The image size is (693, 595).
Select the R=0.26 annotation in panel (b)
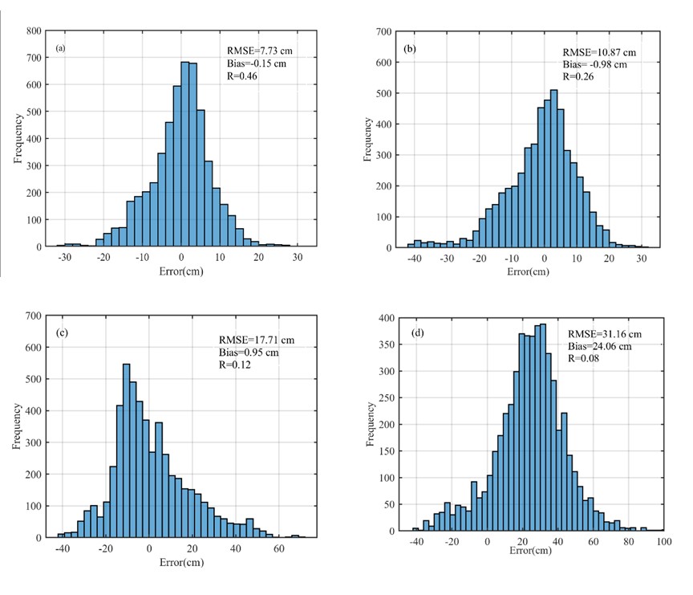pyautogui.click(x=577, y=76)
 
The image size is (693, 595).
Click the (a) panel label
pyautogui.click(x=60, y=48)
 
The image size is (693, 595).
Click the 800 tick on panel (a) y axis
pyautogui.click(x=34, y=31)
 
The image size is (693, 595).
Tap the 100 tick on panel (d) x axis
pyautogui.click(x=663, y=542)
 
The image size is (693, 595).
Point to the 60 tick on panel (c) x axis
pyautogui.click(x=278, y=548)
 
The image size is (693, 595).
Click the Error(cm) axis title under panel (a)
pyautogui.click(x=181, y=270)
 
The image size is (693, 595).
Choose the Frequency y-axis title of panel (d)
pyautogui.click(x=370, y=424)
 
